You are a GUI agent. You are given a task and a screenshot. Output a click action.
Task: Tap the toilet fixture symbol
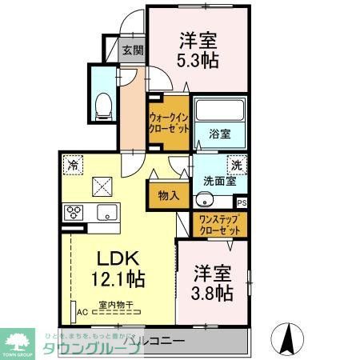(103, 103)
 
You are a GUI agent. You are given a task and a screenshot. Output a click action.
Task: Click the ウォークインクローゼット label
(167, 122)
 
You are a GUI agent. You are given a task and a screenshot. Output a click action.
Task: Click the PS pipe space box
(242, 203)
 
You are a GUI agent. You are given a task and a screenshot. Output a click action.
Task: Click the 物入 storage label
(168, 195)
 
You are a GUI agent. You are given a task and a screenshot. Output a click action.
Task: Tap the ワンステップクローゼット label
(218, 224)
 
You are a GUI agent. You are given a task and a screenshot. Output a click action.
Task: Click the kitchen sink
(107, 213)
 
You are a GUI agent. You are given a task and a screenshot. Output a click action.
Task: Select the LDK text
(118, 259)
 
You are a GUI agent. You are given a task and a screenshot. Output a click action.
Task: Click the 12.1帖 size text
(118, 279)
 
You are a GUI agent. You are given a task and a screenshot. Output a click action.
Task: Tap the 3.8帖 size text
(212, 293)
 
